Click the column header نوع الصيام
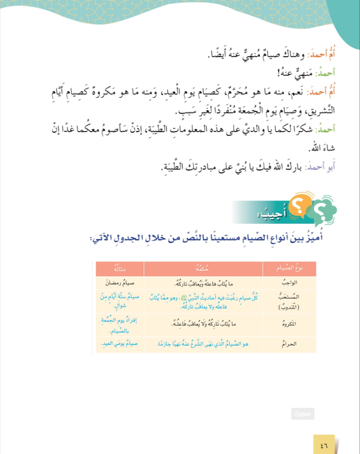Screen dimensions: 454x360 click(289, 269)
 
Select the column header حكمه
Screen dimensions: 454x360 click(203, 269)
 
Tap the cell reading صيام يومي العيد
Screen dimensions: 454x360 click(120, 343)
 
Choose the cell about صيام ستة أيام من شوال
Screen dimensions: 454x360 click(119, 301)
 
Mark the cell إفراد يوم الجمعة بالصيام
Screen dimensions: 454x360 click(120, 324)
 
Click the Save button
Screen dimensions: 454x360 click(303, 414)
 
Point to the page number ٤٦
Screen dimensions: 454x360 click(324, 445)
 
